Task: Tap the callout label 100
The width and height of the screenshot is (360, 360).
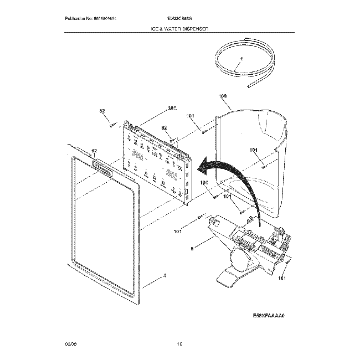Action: tap(224, 96)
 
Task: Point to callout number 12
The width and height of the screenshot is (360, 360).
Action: tap(94, 151)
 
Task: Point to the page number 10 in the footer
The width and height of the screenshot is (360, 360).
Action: tap(179, 344)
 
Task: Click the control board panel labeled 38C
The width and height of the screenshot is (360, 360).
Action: tap(158, 161)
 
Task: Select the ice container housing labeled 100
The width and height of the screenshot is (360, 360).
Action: tap(255, 155)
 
